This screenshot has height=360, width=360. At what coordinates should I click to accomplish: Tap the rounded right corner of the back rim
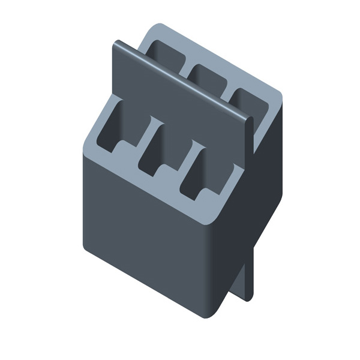[x=278, y=96]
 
